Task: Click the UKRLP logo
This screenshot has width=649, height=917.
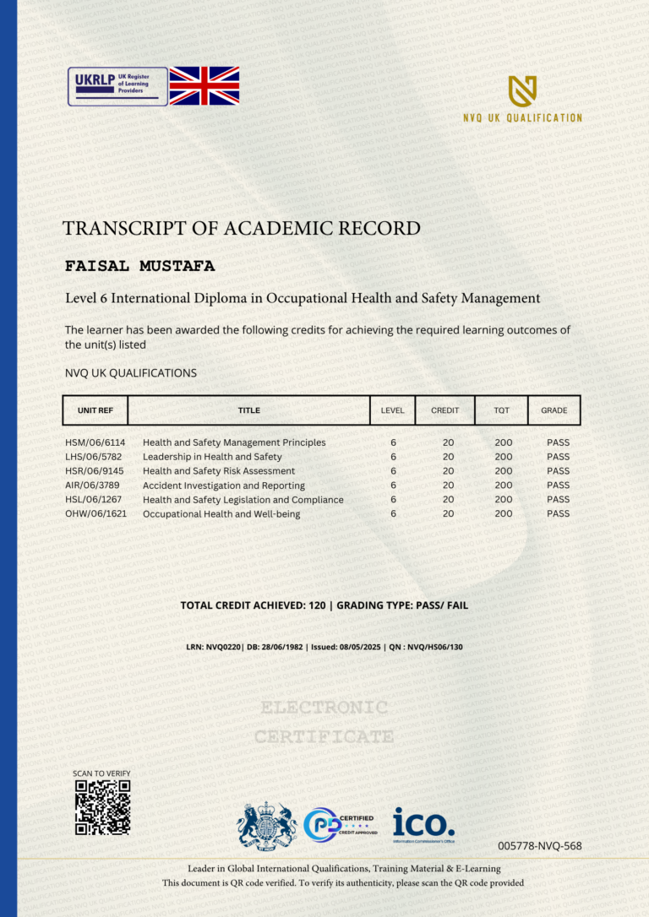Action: pyautogui.click(x=117, y=86)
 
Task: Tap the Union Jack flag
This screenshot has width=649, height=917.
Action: pyautogui.click(x=204, y=85)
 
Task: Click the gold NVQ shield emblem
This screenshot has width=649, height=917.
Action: pyautogui.click(x=522, y=91)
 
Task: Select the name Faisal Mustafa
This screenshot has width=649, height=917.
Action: pyautogui.click(x=140, y=267)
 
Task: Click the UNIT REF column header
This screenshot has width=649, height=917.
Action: pyautogui.click(x=95, y=410)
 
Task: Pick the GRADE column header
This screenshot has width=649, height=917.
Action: pyautogui.click(x=554, y=410)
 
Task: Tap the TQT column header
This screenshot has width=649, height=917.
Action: pyautogui.click(x=502, y=410)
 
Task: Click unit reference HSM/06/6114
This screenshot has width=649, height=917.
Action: pyautogui.click(x=95, y=442)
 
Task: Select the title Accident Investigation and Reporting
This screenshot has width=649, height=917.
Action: pyautogui.click(x=224, y=486)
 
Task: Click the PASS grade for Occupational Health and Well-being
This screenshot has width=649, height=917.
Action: pyautogui.click(x=558, y=513)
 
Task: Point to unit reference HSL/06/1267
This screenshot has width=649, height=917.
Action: pyautogui.click(x=95, y=500)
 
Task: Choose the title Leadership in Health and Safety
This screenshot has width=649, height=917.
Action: pyautogui.click(x=212, y=457)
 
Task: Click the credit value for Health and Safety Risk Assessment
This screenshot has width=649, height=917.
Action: pyautogui.click(x=448, y=471)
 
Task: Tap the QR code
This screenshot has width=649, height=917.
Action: pyautogui.click(x=102, y=807)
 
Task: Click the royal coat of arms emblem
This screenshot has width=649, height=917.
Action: pyautogui.click(x=266, y=825)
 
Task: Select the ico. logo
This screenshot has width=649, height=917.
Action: pyautogui.click(x=423, y=823)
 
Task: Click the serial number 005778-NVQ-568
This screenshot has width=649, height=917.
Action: pyautogui.click(x=540, y=845)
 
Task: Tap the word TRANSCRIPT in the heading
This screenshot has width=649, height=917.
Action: pyautogui.click(x=124, y=228)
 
